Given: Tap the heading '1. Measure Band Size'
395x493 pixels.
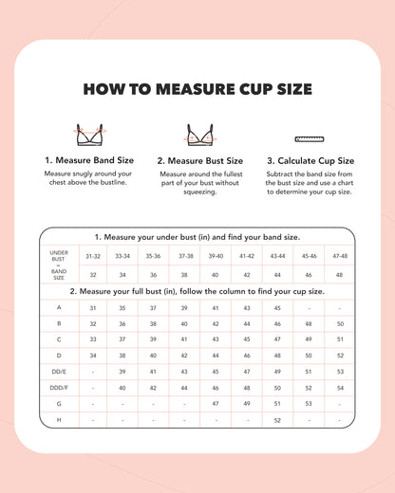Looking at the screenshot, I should point(90,161).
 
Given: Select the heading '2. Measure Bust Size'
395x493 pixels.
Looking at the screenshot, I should point(199,161).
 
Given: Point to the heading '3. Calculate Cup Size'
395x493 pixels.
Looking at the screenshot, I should point(310,161).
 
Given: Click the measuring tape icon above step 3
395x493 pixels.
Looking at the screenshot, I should point(310,138).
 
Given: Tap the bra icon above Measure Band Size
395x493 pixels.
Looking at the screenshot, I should point(90,135).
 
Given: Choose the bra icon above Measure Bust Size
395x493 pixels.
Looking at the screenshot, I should point(199,135).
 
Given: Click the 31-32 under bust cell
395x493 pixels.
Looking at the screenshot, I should point(93,256).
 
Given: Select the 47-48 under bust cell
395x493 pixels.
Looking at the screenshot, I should point(339,256).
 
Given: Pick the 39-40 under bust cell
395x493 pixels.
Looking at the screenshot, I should point(216,256).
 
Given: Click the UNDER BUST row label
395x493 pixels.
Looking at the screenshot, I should point(59,256).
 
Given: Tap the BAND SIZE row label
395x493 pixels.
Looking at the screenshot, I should point(59,275).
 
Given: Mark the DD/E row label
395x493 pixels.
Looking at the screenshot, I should point(59,372).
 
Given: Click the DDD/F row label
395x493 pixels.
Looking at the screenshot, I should point(59,388).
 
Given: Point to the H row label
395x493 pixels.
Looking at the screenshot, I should point(59,420).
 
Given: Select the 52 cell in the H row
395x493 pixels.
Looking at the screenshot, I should point(277,420).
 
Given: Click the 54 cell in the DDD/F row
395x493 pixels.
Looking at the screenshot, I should point(339,388).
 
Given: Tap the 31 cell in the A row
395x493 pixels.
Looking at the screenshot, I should point(93,307).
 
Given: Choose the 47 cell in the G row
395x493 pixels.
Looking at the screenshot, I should point(216,404).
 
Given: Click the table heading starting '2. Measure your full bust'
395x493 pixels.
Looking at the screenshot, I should point(197,291).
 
